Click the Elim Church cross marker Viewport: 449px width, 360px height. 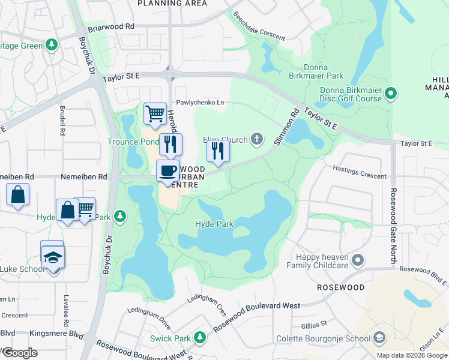[x=257, y=140]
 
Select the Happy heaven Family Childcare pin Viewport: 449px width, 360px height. [x=358, y=260]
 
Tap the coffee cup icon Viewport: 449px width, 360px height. [x=168, y=171]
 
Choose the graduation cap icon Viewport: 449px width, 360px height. [x=53, y=257]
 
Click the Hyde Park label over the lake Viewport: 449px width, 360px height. [x=214, y=224]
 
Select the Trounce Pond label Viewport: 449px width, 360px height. [x=133, y=142]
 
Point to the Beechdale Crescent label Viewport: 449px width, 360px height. [x=259, y=26]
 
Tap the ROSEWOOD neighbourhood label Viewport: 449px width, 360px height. [x=341, y=287]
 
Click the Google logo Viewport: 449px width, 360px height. [x=19, y=353]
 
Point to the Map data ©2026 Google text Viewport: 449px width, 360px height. [x=412, y=355]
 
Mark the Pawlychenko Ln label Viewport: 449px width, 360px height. [x=200, y=103]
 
